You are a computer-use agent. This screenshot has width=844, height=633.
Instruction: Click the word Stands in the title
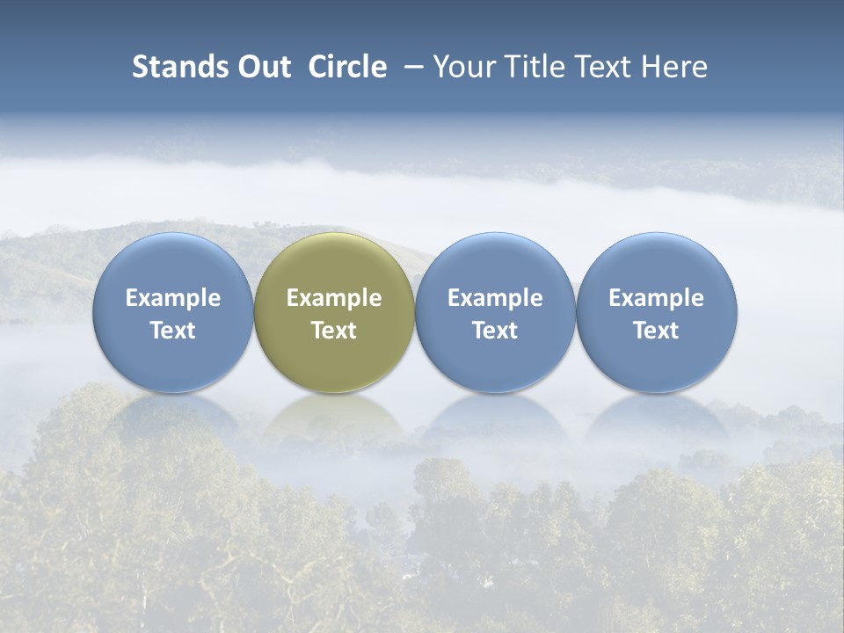(x=178, y=67)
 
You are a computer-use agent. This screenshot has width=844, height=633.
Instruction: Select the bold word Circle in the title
(x=347, y=67)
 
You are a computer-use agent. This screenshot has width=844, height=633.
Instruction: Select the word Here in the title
(x=678, y=67)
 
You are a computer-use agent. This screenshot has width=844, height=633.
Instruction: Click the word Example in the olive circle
(x=334, y=298)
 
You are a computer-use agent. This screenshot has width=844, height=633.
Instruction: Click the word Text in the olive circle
(x=334, y=331)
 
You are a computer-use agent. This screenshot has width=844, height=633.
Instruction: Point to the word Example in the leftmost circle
(x=173, y=298)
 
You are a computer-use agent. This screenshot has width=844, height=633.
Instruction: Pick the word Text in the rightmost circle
(x=656, y=331)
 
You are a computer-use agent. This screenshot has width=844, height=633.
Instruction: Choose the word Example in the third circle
(x=495, y=298)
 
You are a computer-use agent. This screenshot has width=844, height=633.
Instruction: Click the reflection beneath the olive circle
(x=334, y=418)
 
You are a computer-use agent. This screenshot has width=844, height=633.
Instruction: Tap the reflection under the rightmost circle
(x=656, y=418)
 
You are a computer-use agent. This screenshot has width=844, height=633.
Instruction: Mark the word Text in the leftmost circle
(x=173, y=331)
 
